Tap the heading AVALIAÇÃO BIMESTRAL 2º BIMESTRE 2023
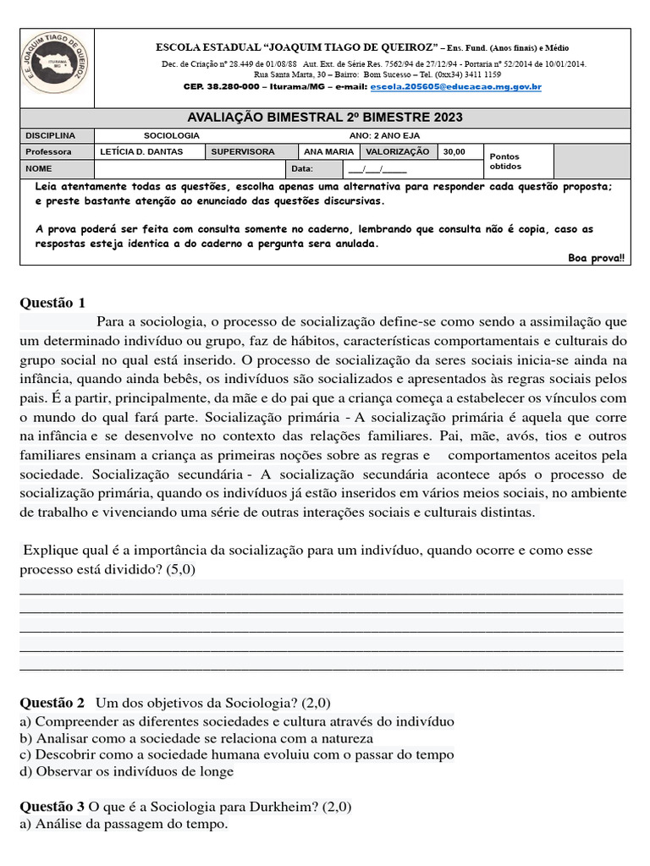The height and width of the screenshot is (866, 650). [x=324, y=118]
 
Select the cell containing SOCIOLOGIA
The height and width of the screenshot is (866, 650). [x=172, y=135]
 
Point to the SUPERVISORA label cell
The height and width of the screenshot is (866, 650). [x=242, y=151]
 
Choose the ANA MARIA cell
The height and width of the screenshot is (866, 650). [x=328, y=151]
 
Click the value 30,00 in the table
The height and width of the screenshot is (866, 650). [x=454, y=151]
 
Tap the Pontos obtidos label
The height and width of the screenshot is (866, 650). [x=506, y=161]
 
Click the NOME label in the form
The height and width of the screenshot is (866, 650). [x=39, y=168]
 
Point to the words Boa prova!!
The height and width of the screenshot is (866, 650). [x=596, y=258]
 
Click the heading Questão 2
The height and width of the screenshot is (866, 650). [x=52, y=703]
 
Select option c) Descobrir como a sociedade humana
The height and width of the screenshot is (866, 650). [x=236, y=754]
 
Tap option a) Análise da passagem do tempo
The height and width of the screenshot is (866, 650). [x=124, y=824]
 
